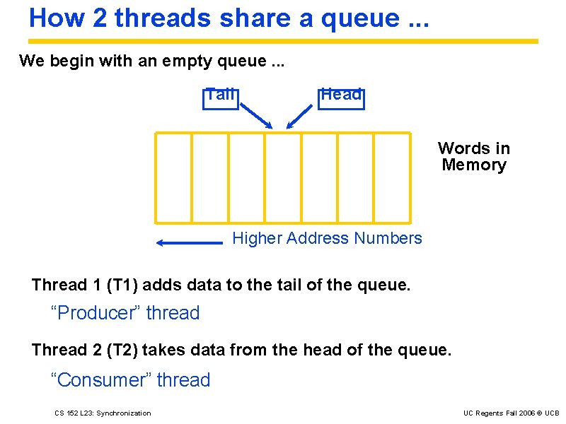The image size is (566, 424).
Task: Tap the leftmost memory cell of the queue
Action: [x=173, y=177]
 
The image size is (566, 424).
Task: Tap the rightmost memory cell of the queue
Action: [x=392, y=177]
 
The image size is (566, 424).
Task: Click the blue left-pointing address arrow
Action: [x=189, y=243]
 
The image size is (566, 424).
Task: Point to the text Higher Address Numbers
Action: [x=327, y=239]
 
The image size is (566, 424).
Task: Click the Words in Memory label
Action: [x=473, y=157]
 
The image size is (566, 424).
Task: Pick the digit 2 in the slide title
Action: [x=100, y=18]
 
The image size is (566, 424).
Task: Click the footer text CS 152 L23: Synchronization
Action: [x=103, y=413]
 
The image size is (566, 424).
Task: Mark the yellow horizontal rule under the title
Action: [x=283, y=41]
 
